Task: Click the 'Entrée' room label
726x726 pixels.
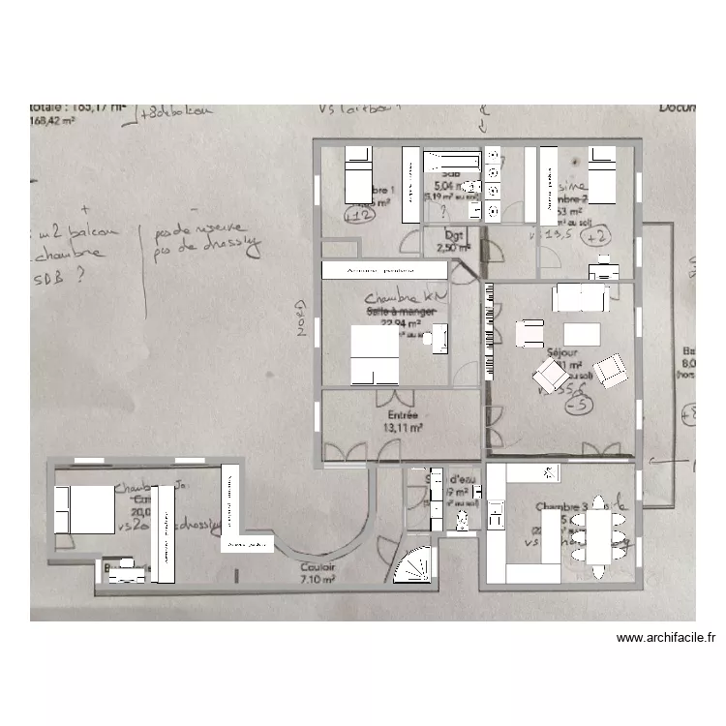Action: point(402,415)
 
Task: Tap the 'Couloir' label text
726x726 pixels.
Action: point(318,567)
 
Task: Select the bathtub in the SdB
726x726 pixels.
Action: point(452,162)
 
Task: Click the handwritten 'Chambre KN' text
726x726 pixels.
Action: point(400,298)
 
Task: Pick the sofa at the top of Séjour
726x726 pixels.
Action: point(580,297)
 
